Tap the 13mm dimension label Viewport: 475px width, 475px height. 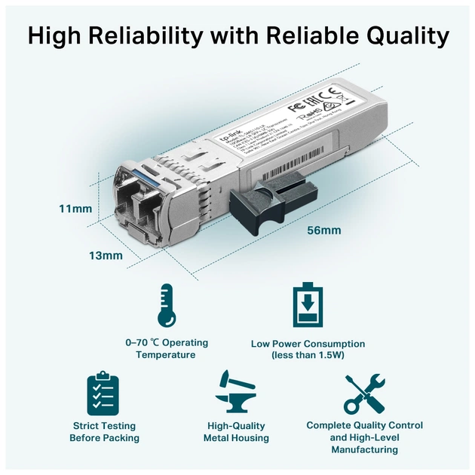[x=106, y=256]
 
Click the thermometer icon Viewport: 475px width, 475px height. [x=167, y=305]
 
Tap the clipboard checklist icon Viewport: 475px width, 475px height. [x=103, y=394]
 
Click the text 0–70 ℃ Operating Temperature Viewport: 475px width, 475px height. [x=167, y=348]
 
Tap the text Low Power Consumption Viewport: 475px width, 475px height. [x=308, y=343]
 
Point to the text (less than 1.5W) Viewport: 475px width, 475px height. [x=308, y=355]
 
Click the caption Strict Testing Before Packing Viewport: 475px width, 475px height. [x=104, y=432]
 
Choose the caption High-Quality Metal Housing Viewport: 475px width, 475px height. [x=236, y=432]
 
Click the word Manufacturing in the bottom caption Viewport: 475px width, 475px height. [x=364, y=449]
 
